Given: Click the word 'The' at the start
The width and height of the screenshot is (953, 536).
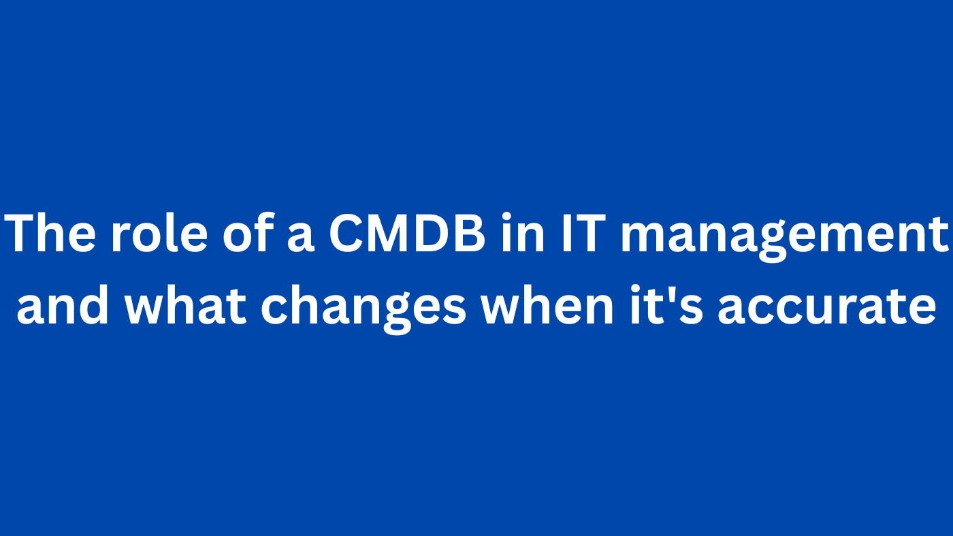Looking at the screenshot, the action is coord(50,234).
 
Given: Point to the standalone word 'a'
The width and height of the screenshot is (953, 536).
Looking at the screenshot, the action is coord(301,238).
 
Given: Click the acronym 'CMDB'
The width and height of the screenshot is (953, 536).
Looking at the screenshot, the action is coord(407,234).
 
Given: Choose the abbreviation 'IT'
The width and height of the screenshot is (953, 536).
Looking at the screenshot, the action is coord(583,234).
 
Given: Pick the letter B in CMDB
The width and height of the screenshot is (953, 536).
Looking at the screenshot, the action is coord(468,234).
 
